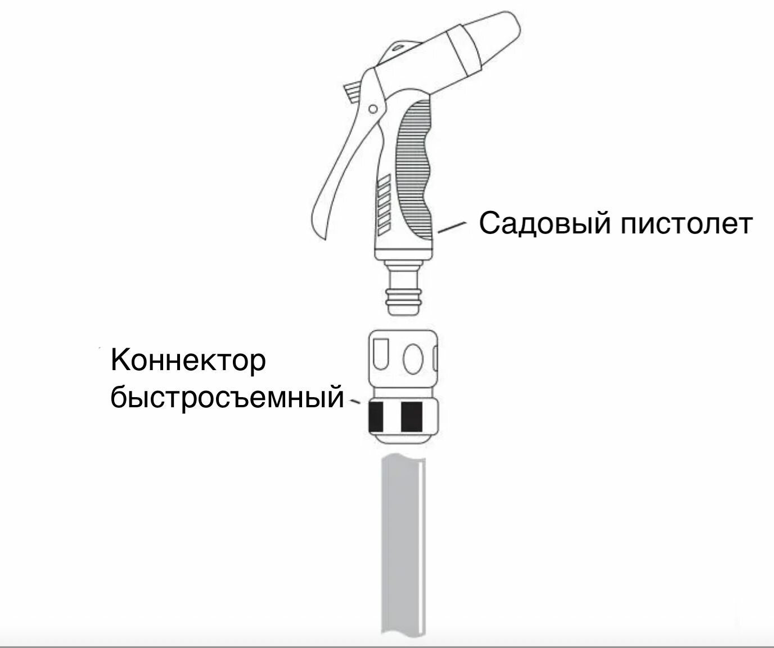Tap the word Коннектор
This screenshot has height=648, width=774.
coord(188,361)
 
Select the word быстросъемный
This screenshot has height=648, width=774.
coord(227,398)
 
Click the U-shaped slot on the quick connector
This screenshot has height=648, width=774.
coord(382,354)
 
